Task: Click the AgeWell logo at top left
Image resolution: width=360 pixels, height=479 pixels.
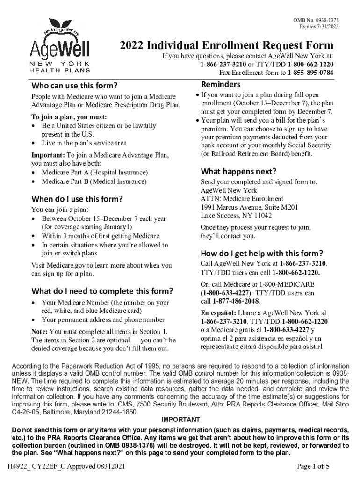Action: click(x=61, y=46)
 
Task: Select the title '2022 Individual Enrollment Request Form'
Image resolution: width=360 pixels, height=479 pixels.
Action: click(x=227, y=45)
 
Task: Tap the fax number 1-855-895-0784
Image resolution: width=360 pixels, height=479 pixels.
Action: click(x=310, y=73)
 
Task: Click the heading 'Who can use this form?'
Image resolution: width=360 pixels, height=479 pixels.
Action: click(x=74, y=86)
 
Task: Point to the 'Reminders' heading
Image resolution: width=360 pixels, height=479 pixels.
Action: click(x=221, y=84)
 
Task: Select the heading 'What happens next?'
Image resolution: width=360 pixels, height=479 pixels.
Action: click(x=238, y=171)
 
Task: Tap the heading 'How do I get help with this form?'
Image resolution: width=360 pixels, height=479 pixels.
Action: click(x=262, y=254)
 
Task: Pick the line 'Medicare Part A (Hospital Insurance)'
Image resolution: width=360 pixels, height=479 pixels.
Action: click(x=95, y=173)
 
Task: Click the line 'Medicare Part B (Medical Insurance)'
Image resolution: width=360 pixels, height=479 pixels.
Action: click(x=94, y=181)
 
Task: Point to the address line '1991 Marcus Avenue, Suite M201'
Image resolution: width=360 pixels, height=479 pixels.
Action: click(x=250, y=207)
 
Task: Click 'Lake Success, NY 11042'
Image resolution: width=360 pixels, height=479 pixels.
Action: click(x=237, y=216)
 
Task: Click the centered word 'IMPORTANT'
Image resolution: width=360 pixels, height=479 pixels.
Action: click(x=180, y=420)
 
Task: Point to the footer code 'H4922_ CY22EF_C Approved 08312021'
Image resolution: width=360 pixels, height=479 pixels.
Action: click(x=65, y=466)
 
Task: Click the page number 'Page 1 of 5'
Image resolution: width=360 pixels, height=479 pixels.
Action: click(x=314, y=466)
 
